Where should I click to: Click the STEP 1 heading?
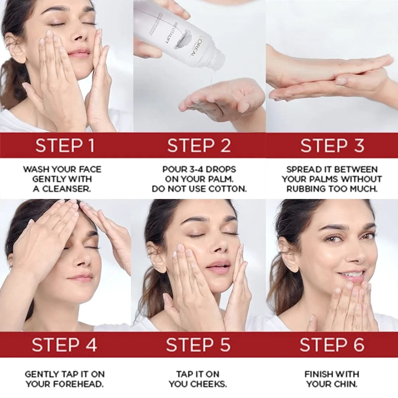[65, 146]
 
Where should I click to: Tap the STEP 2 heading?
[199, 146]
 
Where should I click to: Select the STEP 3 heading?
[332, 146]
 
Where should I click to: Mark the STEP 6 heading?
[332, 345]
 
